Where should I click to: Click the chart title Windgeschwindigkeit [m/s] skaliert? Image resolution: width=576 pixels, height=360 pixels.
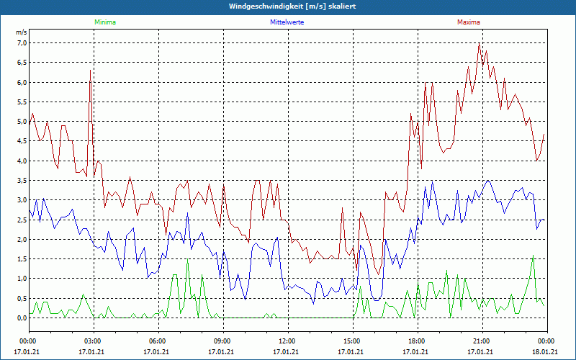[287, 6]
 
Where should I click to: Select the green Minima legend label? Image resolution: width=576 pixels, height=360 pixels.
[104, 22]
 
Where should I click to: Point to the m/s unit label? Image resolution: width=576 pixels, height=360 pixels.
[21, 32]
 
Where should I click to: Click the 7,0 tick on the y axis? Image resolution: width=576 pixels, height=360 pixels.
[21, 43]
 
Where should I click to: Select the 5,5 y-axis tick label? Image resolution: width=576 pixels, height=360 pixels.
[21, 102]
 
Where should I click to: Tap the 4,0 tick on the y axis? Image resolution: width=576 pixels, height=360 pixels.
[21, 161]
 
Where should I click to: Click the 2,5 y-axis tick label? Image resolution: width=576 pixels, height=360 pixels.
[21, 220]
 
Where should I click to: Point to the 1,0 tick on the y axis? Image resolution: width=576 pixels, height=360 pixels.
[21, 279]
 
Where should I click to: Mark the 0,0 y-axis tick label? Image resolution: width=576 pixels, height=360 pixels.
[21, 318]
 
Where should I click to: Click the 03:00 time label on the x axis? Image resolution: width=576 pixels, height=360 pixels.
[92, 341]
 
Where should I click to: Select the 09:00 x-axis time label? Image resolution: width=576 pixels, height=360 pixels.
[222, 341]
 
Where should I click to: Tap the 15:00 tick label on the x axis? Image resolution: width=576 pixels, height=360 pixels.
[351, 341]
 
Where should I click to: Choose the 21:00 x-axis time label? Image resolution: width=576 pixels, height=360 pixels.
[481, 341]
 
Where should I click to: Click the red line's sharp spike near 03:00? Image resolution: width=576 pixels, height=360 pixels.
[90, 71]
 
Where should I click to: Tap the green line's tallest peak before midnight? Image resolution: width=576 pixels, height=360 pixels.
[534, 256]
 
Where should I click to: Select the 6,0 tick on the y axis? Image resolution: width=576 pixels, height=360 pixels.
[21, 83]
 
